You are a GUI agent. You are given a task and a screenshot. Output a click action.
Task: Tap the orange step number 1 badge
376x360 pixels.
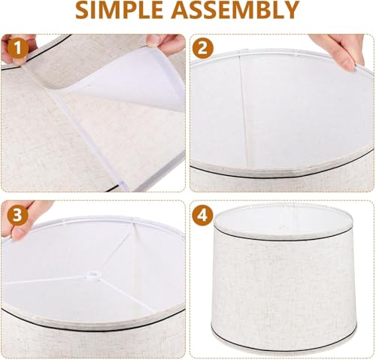(17, 50)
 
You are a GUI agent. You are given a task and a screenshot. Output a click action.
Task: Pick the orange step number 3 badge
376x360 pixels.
(17, 215)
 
